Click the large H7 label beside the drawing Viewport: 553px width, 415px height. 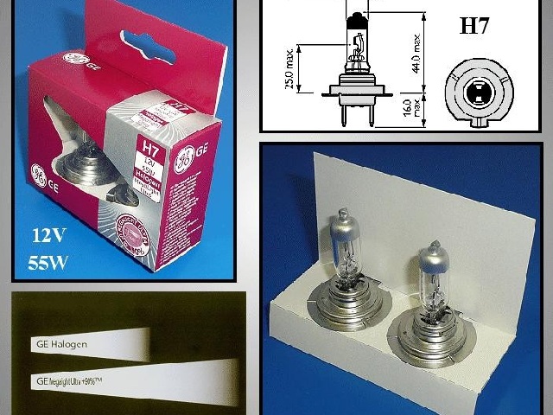[474, 26]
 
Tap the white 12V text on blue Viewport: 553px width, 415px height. [49, 233]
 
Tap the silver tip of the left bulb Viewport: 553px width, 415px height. [340, 224]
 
